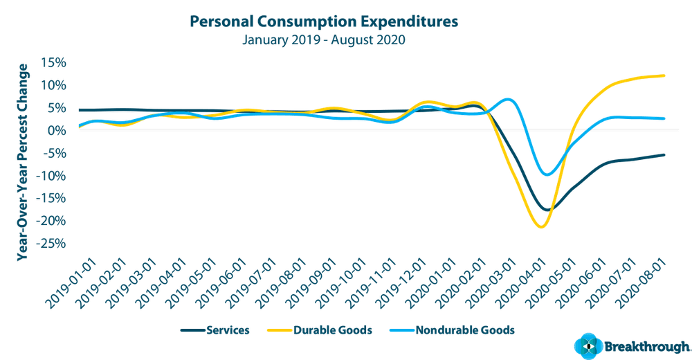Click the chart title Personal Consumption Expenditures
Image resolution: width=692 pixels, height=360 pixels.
tap(323, 21)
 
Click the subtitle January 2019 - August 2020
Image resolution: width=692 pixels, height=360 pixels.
tap(323, 39)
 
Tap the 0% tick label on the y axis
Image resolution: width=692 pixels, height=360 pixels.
tap(57, 130)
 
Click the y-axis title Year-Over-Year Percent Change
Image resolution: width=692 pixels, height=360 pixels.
tap(23, 162)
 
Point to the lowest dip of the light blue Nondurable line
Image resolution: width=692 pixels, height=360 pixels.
tap(547, 175)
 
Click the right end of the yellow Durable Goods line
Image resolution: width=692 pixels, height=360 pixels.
tap(664, 75)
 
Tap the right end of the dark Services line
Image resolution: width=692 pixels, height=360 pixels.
tap(664, 154)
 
